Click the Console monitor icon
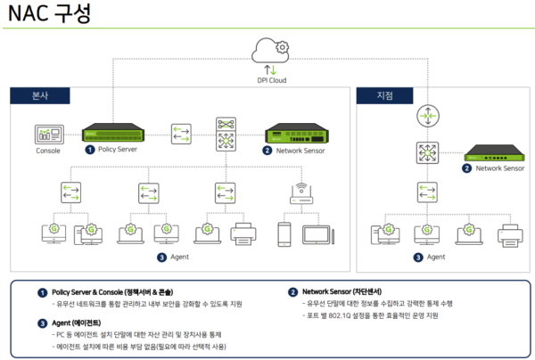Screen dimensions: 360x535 click(x=47, y=135)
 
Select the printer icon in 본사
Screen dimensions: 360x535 click(x=243, y=233)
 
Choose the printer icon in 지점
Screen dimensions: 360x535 click(x=506, y=233)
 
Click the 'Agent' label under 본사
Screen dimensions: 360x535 click(x=180, y=258)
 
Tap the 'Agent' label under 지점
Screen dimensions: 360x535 click(x=435, y=258)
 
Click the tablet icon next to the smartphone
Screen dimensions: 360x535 click(x=317, y=233)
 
